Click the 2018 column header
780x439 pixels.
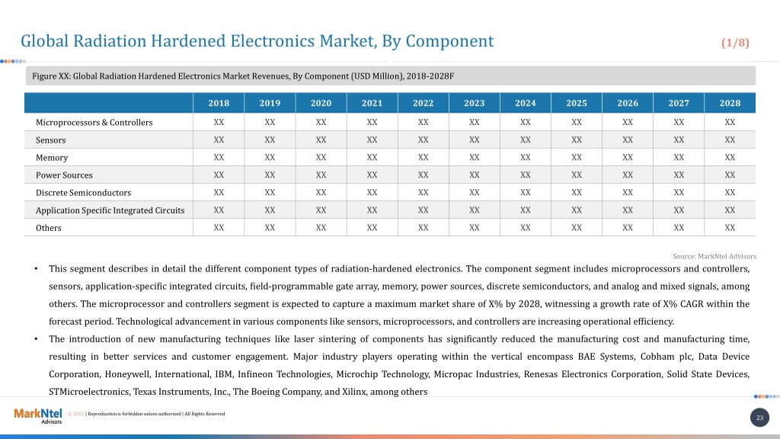(x=219, y=103)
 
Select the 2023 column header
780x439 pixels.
(x=474, y=103)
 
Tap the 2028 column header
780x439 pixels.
(x=730, y=103)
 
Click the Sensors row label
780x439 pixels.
(x=51, y=140)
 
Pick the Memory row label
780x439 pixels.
(x=52, y=158)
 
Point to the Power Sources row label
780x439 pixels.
(x=64, y=175)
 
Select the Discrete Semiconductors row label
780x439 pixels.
(x=84, y=193)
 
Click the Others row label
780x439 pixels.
(x=49, y=228)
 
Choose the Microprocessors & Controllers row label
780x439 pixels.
(x=94, y=123)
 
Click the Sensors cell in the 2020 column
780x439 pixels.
(x=321, y=140)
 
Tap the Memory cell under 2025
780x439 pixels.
(x=577, y=157)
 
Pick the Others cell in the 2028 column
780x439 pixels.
(x=730, y=227)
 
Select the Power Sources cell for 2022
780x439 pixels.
(x=423, y=175)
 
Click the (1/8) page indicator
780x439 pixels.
(x=735, y=43)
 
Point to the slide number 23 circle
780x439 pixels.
(x=759, y=418)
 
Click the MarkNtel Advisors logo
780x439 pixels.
(x=38, y=415)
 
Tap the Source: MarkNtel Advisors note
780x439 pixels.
(x=714, y=256)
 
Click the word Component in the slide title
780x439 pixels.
(x=449, y=41)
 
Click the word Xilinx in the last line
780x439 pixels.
(x=353, y=392)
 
